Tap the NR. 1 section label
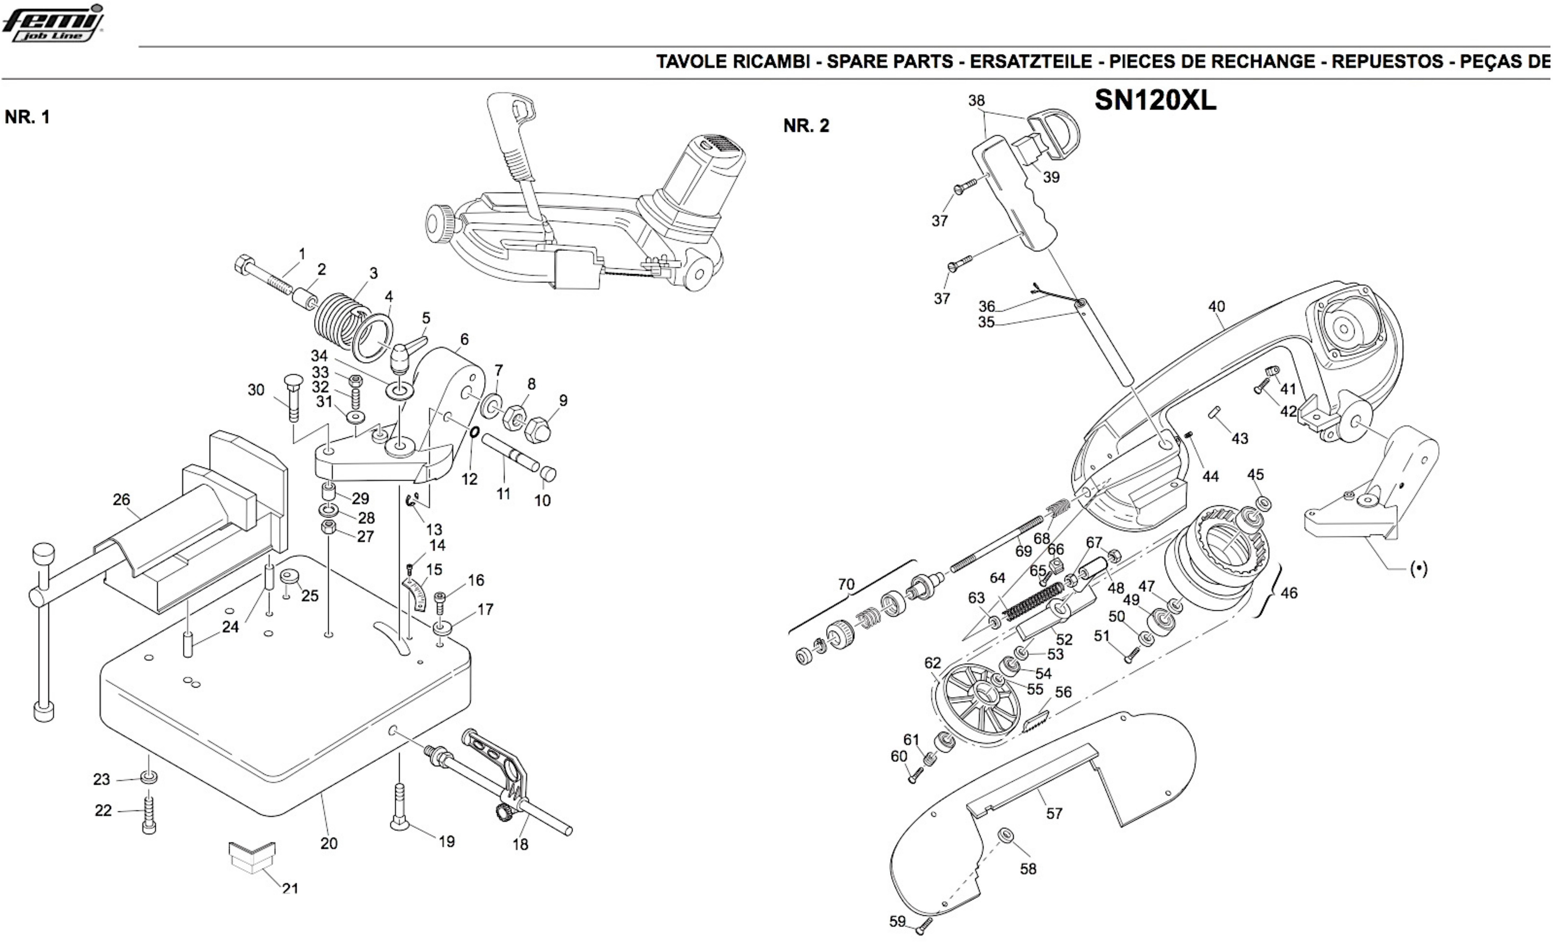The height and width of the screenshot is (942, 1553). pyautogui.click(x=27, y=117)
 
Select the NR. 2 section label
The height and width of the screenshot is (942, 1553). pyautogui.click(x=806, y=126)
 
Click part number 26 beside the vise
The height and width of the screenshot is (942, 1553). pyautogui.click(x=121, y=500)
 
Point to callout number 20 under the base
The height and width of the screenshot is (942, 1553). pyautogui.click(x=329, y=843)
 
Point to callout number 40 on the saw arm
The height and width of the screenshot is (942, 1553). pyautogui.click(x=1216, y=307)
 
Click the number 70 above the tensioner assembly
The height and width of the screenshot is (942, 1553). pyautogui.click(x=846, y=585)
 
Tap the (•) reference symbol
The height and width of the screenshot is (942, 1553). pyautogui.click(x=1419, y=569)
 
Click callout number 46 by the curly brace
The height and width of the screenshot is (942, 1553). pyautogui.click(x=1289, y=593)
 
